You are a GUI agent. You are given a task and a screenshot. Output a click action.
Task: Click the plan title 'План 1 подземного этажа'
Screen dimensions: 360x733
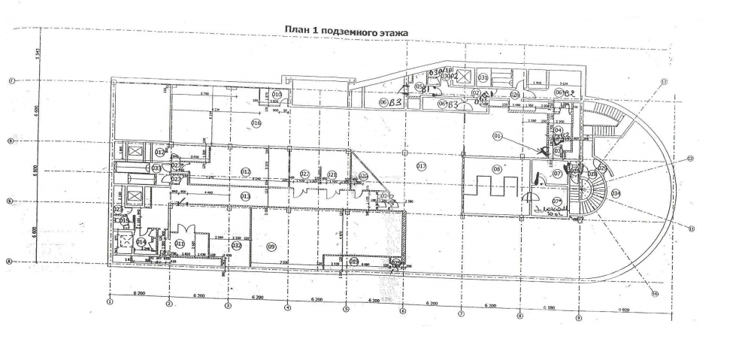[345, 31]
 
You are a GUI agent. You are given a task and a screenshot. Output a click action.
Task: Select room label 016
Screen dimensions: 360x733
[256, 123]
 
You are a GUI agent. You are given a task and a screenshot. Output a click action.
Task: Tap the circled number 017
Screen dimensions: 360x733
[422, 165]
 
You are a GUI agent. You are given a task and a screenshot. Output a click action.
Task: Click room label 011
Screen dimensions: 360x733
[180, 244]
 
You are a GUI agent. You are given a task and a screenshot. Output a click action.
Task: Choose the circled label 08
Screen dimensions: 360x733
[497, 170]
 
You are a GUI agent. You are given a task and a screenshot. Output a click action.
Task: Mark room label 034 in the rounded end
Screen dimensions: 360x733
[616, 193]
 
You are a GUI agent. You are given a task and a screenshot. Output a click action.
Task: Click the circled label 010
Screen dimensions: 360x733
[277, 95]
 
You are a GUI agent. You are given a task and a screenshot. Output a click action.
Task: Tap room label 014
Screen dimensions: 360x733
[141, 242]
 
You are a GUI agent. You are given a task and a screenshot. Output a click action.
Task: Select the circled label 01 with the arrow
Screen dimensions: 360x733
[497, 136]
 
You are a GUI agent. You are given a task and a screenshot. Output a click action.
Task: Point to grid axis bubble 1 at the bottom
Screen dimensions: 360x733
[110, 304]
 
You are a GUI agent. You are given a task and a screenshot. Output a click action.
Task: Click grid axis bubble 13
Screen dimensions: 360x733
[664, 81]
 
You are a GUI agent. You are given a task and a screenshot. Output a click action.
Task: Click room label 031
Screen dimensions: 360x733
[484, 77]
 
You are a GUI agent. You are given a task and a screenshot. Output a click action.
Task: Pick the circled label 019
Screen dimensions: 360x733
[354, 262]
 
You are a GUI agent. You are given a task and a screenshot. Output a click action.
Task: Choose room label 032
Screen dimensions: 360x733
[235, 245]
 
